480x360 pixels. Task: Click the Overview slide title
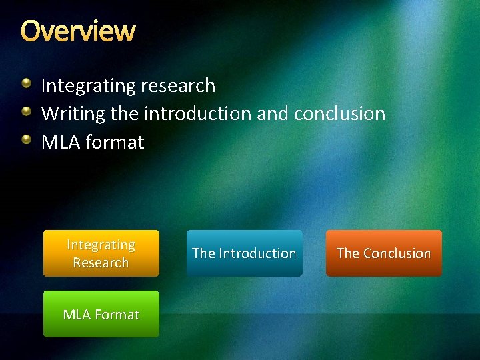[x=77, y=31]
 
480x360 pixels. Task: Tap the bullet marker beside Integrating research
[x=26, y=84]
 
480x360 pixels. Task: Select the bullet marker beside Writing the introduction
[x=26, y=112]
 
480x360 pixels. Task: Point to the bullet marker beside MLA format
[x=26, y=141]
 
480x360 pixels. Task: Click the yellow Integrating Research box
[x=101, y=253]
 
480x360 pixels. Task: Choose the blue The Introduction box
[x=244, y=253]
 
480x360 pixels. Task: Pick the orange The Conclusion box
[x=384, y=253]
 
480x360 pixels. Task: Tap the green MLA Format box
[x=101, y=314]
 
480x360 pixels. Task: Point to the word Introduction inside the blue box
[x=257, y=253]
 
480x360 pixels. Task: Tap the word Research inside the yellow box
[x=101, y=262]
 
